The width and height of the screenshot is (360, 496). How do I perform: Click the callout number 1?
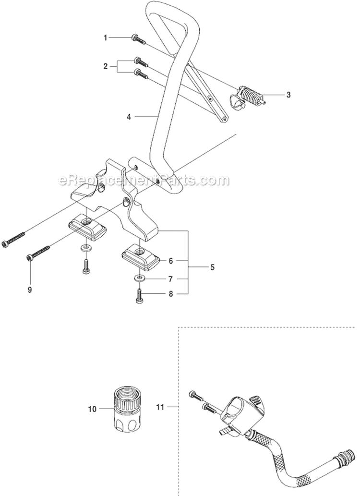pos(106,37)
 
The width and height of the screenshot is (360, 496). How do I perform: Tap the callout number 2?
pos(106,67)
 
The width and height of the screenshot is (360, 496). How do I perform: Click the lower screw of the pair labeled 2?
pos(140,73)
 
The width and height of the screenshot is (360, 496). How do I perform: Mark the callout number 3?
pos(288,95)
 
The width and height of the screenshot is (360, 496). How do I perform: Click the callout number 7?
pos(170,278)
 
